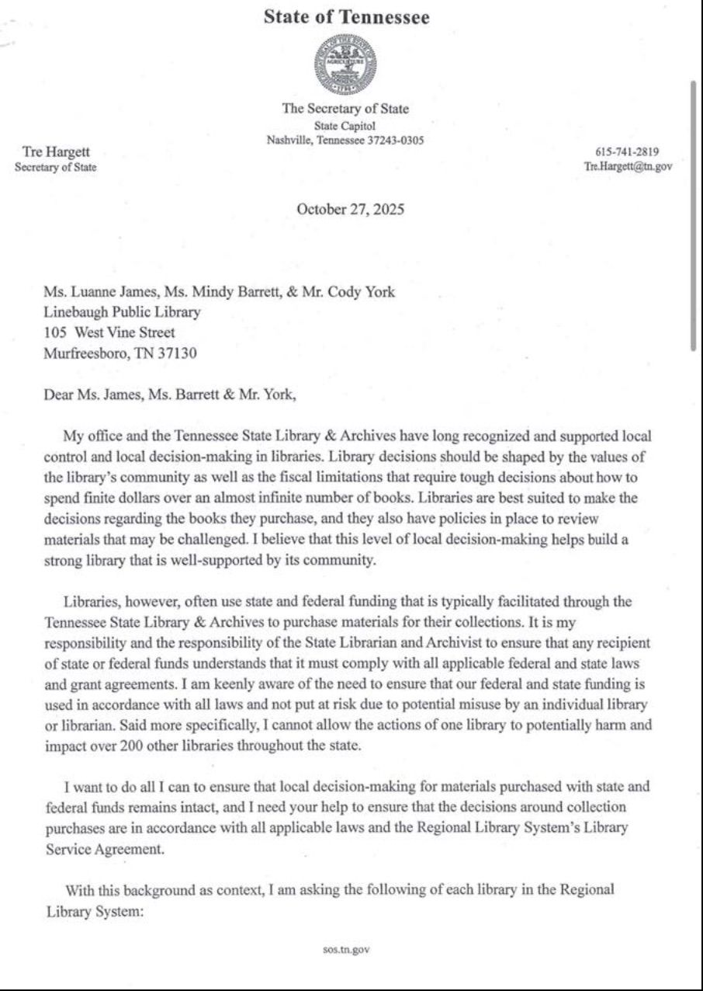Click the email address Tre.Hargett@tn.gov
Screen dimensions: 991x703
(629, 166)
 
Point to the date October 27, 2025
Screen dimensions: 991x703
(351, 209)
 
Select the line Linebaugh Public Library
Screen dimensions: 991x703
(123, 313)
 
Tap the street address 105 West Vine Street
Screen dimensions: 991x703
(109, 332)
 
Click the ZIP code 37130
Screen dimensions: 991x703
(179, 353)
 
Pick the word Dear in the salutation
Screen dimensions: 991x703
(58, 394)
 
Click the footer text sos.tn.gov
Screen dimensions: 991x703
(346, 949)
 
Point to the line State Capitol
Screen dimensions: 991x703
(345, 126)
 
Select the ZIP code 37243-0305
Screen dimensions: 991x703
(393, 141)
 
